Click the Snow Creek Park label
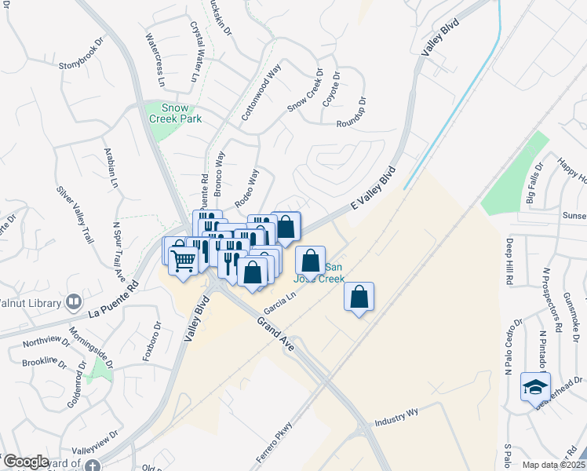176,113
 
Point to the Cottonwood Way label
261,92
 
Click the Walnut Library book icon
74,301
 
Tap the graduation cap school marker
536,386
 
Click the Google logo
26,462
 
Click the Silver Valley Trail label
75,208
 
